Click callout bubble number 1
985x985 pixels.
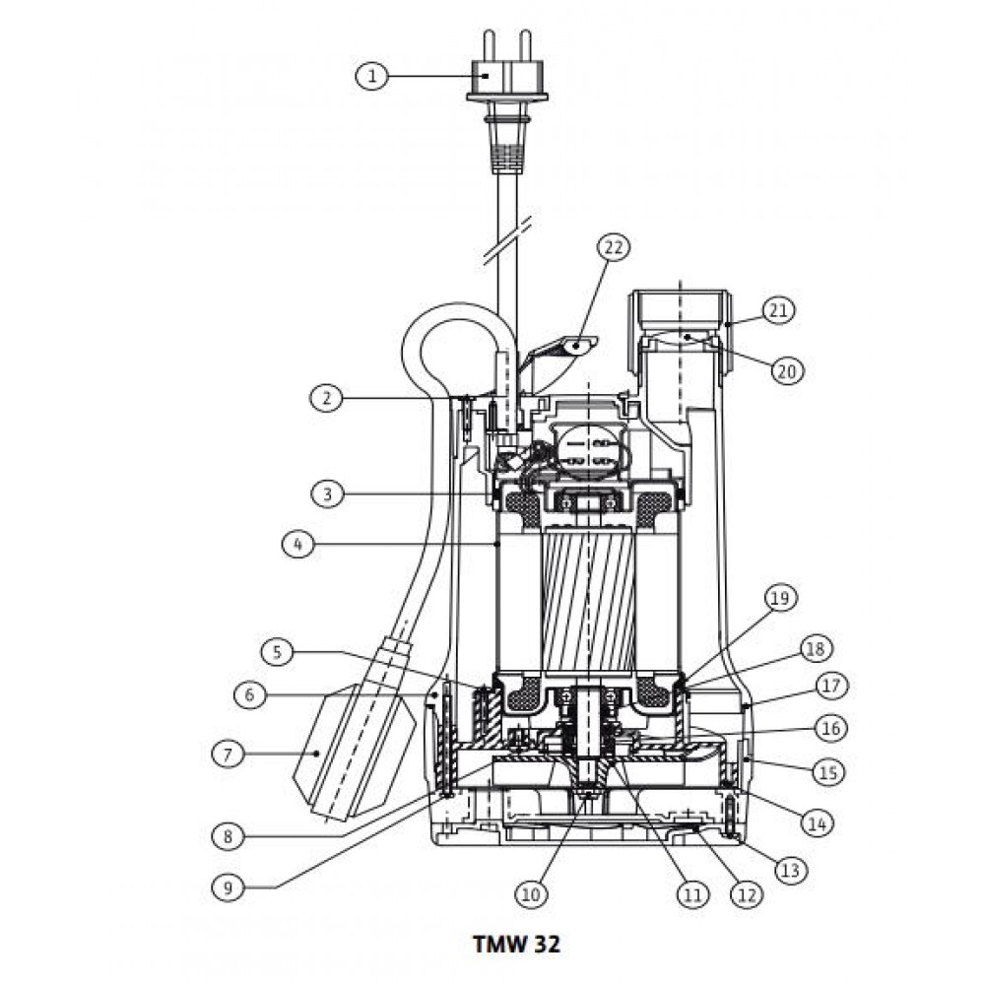pyautogui.click(x=372, y=77)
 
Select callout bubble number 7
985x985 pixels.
pyautogui.click(x=229, y=754)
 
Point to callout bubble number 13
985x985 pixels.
pyautogui.click(x=790, y=871)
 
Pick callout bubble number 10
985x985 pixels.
pyautogui.click(x=531, y=894)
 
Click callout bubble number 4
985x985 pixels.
pyautogui.click(x=297, y=544)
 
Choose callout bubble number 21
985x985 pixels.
pyautogui.click(x=778, y=310)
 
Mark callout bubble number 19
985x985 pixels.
pyautogui.click(x=779, y=598)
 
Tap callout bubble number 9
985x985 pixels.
pyautogui.click(x=229, y=887)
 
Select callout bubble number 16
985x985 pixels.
pyautogui.click(x=830, y=729)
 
